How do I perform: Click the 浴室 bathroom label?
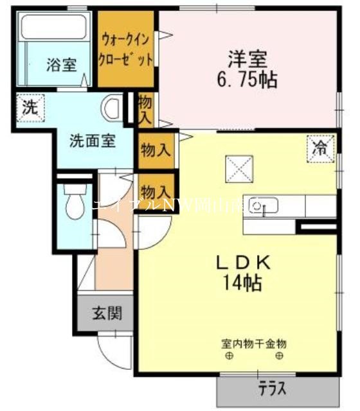(60, 65)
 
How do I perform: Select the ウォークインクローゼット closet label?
(126, 51)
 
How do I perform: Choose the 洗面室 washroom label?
(93, 141)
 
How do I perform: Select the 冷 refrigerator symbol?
(319, 148)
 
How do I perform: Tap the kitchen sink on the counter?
(264, 207)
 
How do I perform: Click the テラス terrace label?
(273, 389)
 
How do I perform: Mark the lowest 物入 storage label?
(156, 191)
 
